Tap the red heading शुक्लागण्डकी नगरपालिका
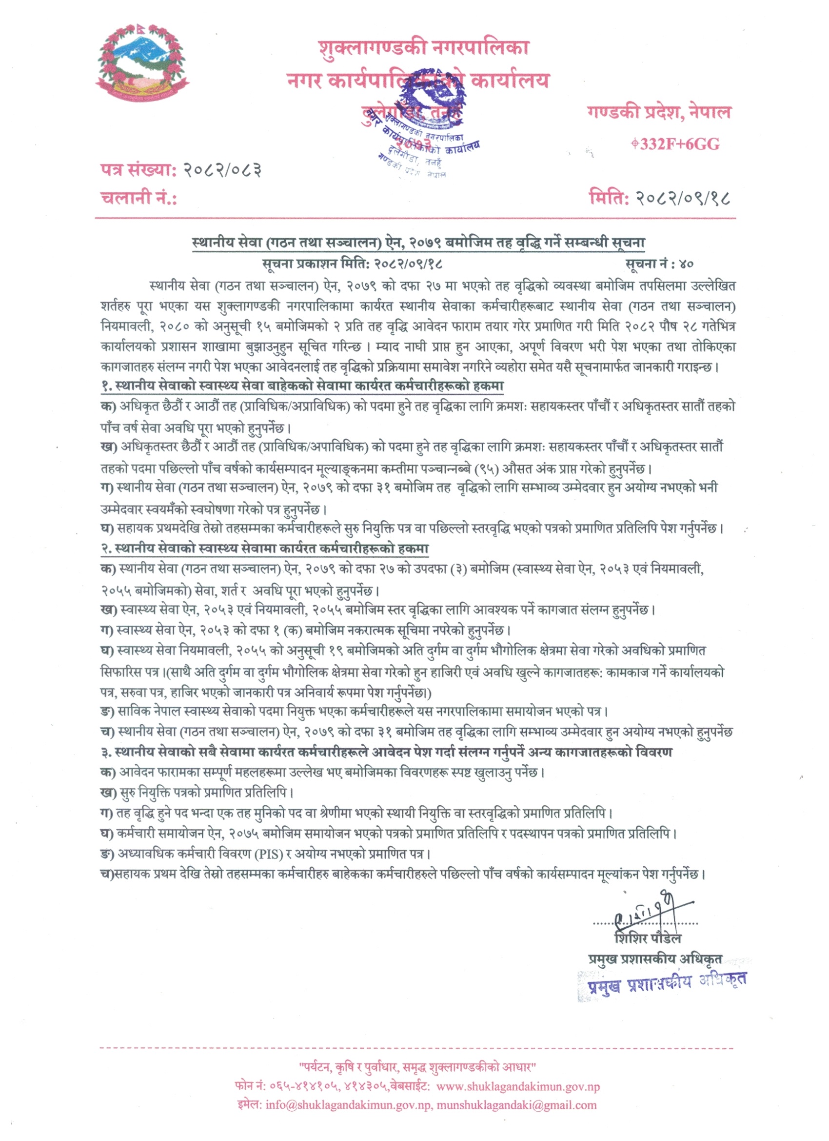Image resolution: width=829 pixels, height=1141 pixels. coord(423,48)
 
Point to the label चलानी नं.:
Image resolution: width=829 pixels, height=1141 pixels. coord(139,198)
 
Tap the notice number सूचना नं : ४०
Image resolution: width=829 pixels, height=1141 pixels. coord(659,264)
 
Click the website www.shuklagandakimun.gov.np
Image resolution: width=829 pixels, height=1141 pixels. coord(518,1087)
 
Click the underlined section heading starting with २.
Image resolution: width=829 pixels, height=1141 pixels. coord(264,549)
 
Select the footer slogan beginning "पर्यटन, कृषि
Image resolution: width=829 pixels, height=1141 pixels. coord(417,1067)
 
